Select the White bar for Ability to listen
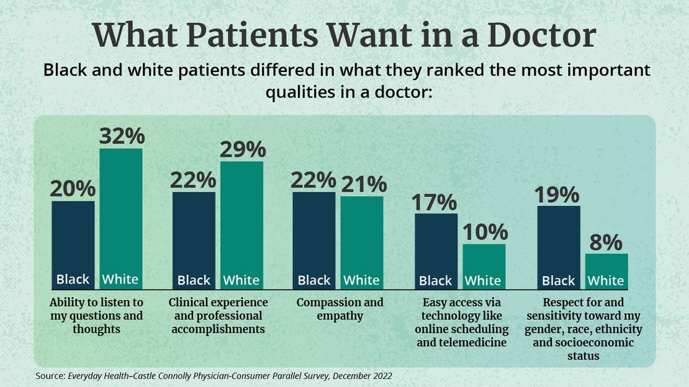click(x=121, y=217)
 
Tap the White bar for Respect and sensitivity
click(x=606, y=270)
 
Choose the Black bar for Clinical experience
click(x=194, y=239)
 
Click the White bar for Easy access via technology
click(x=484, y=265)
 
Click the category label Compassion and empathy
click(x=340, y=309)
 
